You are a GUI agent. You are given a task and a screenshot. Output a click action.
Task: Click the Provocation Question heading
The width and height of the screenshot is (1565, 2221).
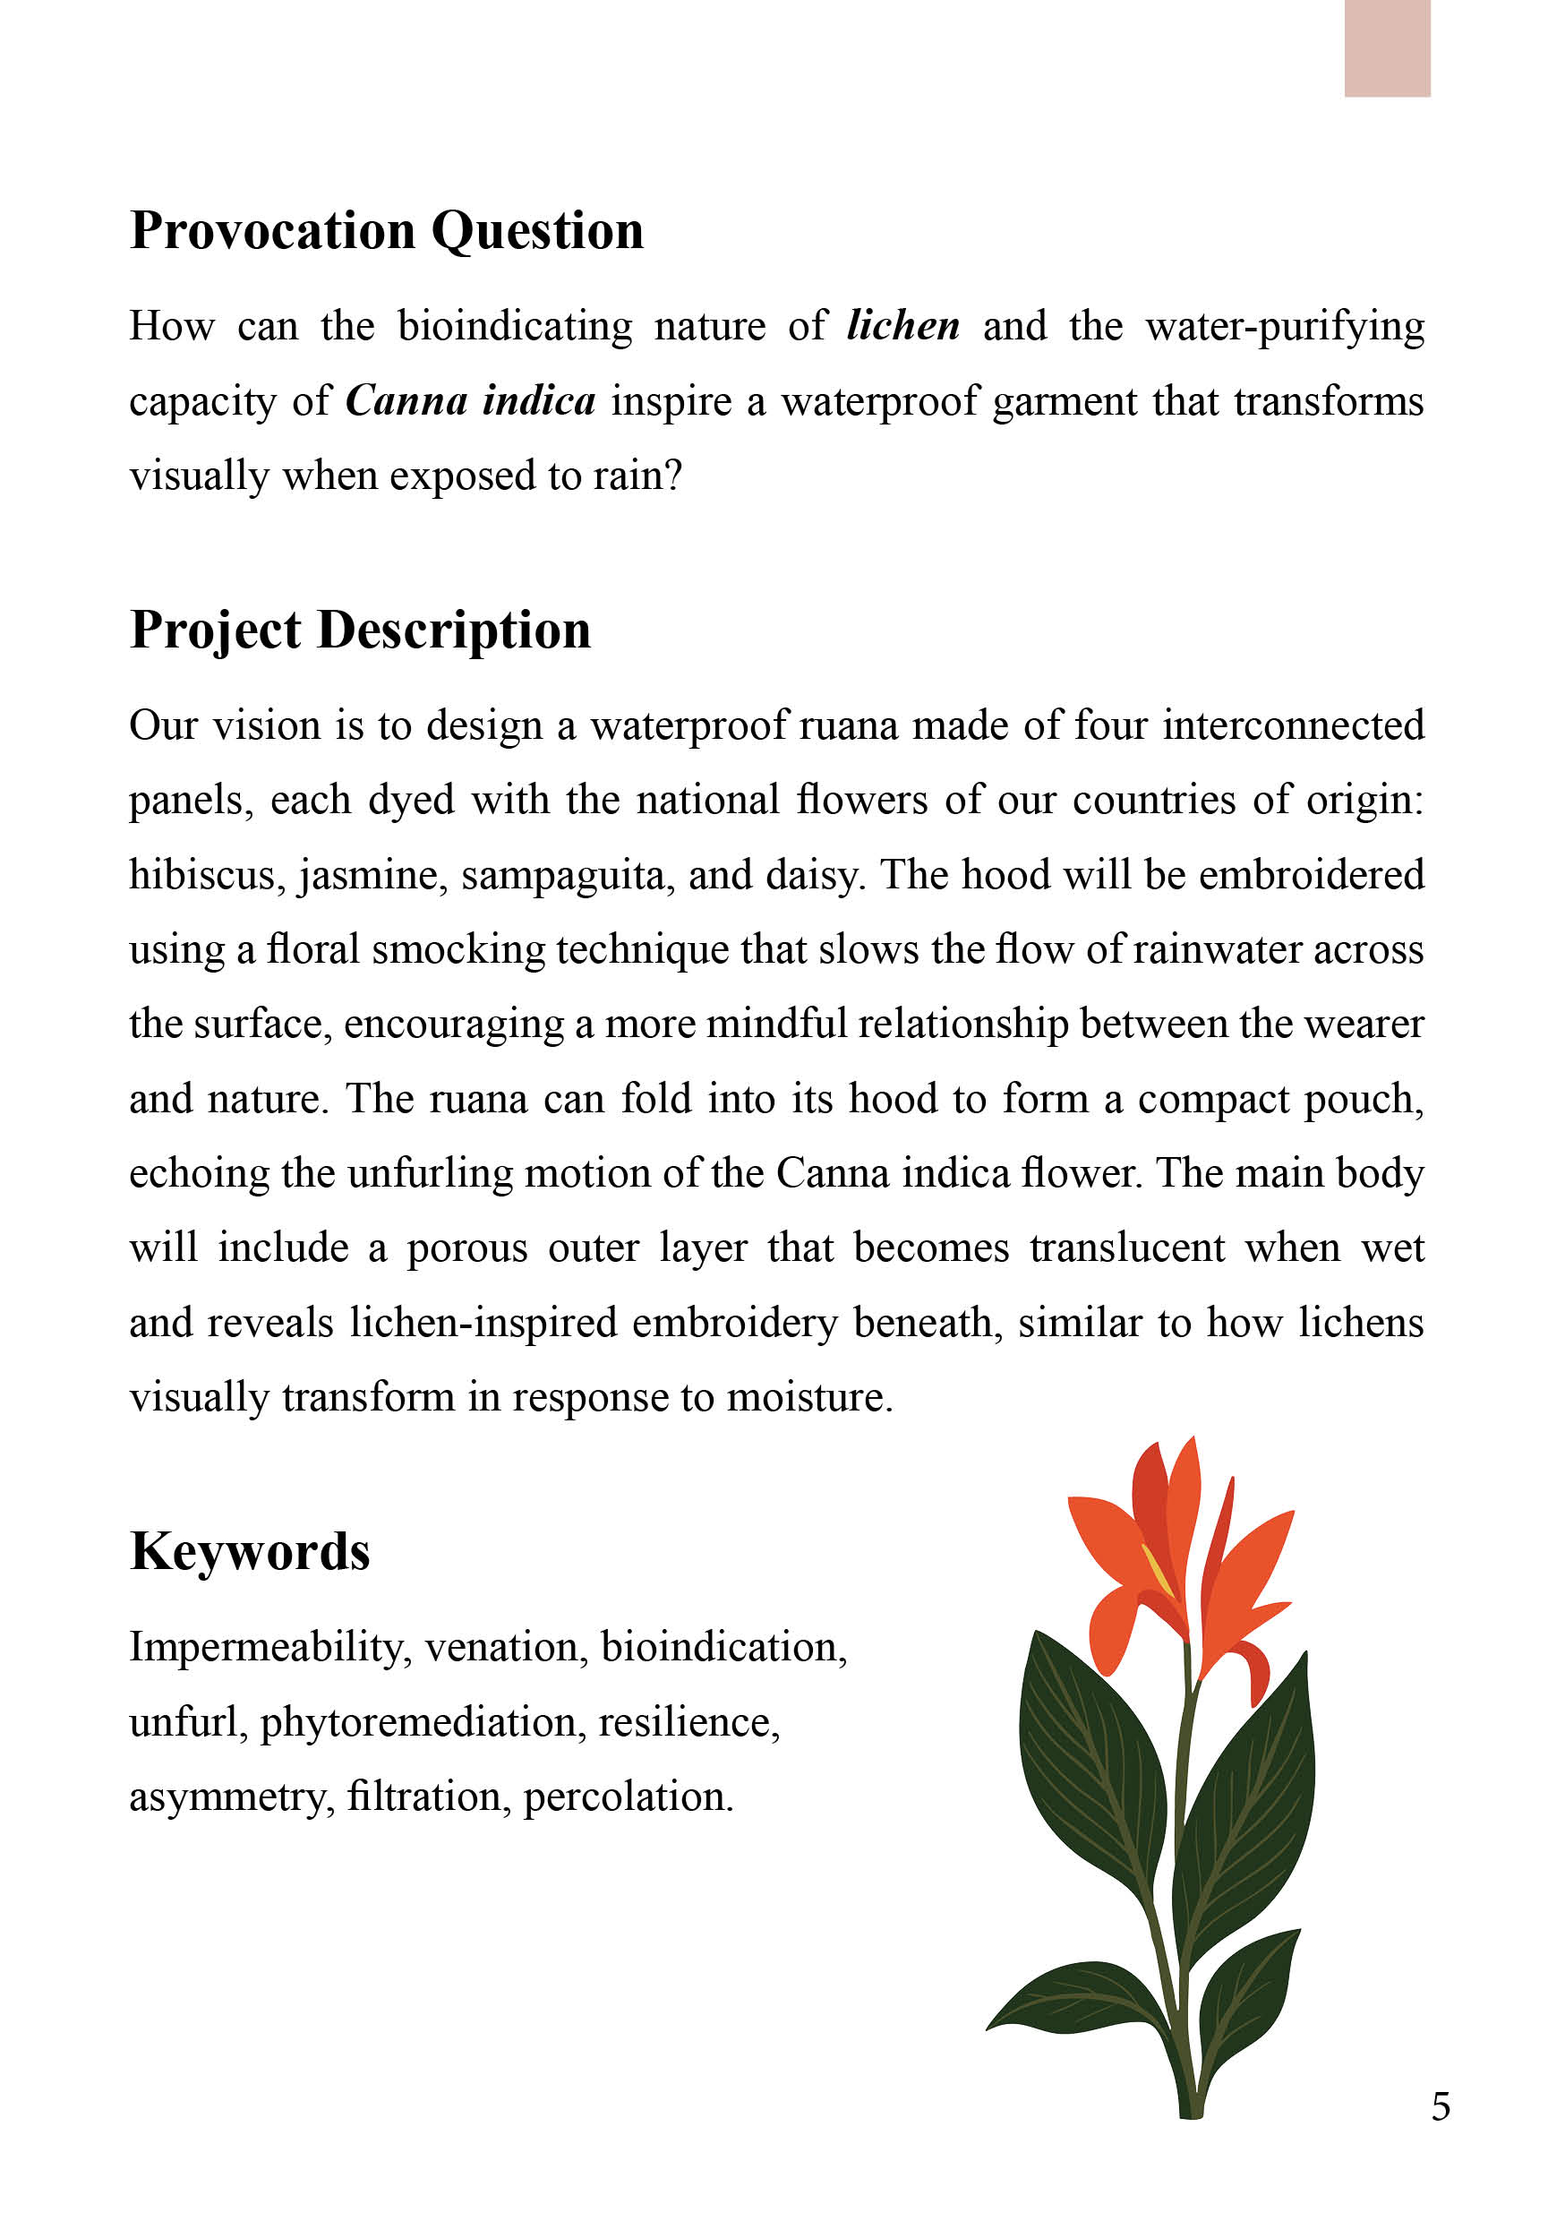click(386, 232)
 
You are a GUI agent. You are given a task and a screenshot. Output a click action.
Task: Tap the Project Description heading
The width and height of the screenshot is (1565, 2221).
click(360, 631)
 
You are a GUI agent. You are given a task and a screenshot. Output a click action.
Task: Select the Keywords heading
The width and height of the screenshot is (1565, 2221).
click(250, 1553)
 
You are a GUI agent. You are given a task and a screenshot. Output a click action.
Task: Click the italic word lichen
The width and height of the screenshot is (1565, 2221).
click(902, 326)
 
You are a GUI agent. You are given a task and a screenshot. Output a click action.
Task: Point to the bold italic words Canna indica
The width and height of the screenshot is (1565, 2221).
click(470, 401)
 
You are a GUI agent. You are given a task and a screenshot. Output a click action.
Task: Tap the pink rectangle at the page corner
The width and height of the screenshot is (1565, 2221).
click(1386, 47)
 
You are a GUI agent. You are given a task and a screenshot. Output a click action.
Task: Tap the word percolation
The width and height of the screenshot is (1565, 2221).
click(627, 1797)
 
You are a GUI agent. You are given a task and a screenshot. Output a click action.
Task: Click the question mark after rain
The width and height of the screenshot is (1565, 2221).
click(674, 476)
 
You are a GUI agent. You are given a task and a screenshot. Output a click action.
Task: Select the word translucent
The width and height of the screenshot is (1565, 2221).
click(1127, 1248)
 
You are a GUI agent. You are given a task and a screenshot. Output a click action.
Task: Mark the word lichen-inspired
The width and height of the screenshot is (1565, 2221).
click(483, 1324)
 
